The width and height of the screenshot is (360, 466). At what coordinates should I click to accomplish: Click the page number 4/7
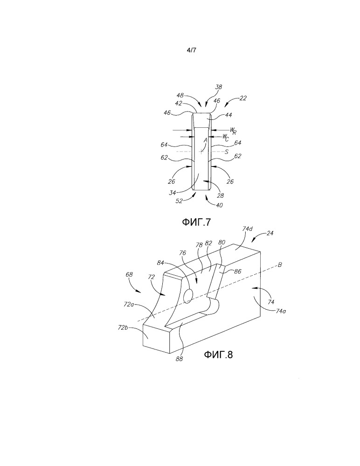(x=191, y=50)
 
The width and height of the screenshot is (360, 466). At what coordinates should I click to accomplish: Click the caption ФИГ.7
(x=196, y=223)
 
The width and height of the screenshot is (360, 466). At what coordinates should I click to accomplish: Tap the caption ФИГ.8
(x=218, y=355)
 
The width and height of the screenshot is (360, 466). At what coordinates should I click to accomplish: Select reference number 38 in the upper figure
(x=219, y=87)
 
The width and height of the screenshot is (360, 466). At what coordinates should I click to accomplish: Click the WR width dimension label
(x=233, y=131)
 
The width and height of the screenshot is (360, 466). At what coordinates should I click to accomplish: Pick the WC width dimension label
(x=226, y=137)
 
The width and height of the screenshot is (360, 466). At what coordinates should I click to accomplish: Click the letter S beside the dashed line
(x=227, y=152)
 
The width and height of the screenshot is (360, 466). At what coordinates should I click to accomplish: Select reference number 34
(x=172, y=193)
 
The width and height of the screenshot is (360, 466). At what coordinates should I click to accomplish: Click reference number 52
(x=179, y=201)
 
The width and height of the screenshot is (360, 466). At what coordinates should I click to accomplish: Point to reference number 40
(x=219, y=205)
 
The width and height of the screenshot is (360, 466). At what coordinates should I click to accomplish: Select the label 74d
(x=248, y=229)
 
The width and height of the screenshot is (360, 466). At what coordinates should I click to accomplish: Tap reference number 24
(x=270, y=233)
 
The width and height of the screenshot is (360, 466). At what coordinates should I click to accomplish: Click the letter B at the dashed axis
(x=280, y=264)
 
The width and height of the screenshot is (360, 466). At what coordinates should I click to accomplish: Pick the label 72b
(x=123, y=327)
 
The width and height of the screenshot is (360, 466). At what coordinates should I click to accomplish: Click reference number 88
(x=179, y=359)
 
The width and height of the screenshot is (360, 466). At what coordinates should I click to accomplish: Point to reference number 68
(x=129, y=274)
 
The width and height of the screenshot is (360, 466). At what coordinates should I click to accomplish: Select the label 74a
(x=281, y=311)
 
